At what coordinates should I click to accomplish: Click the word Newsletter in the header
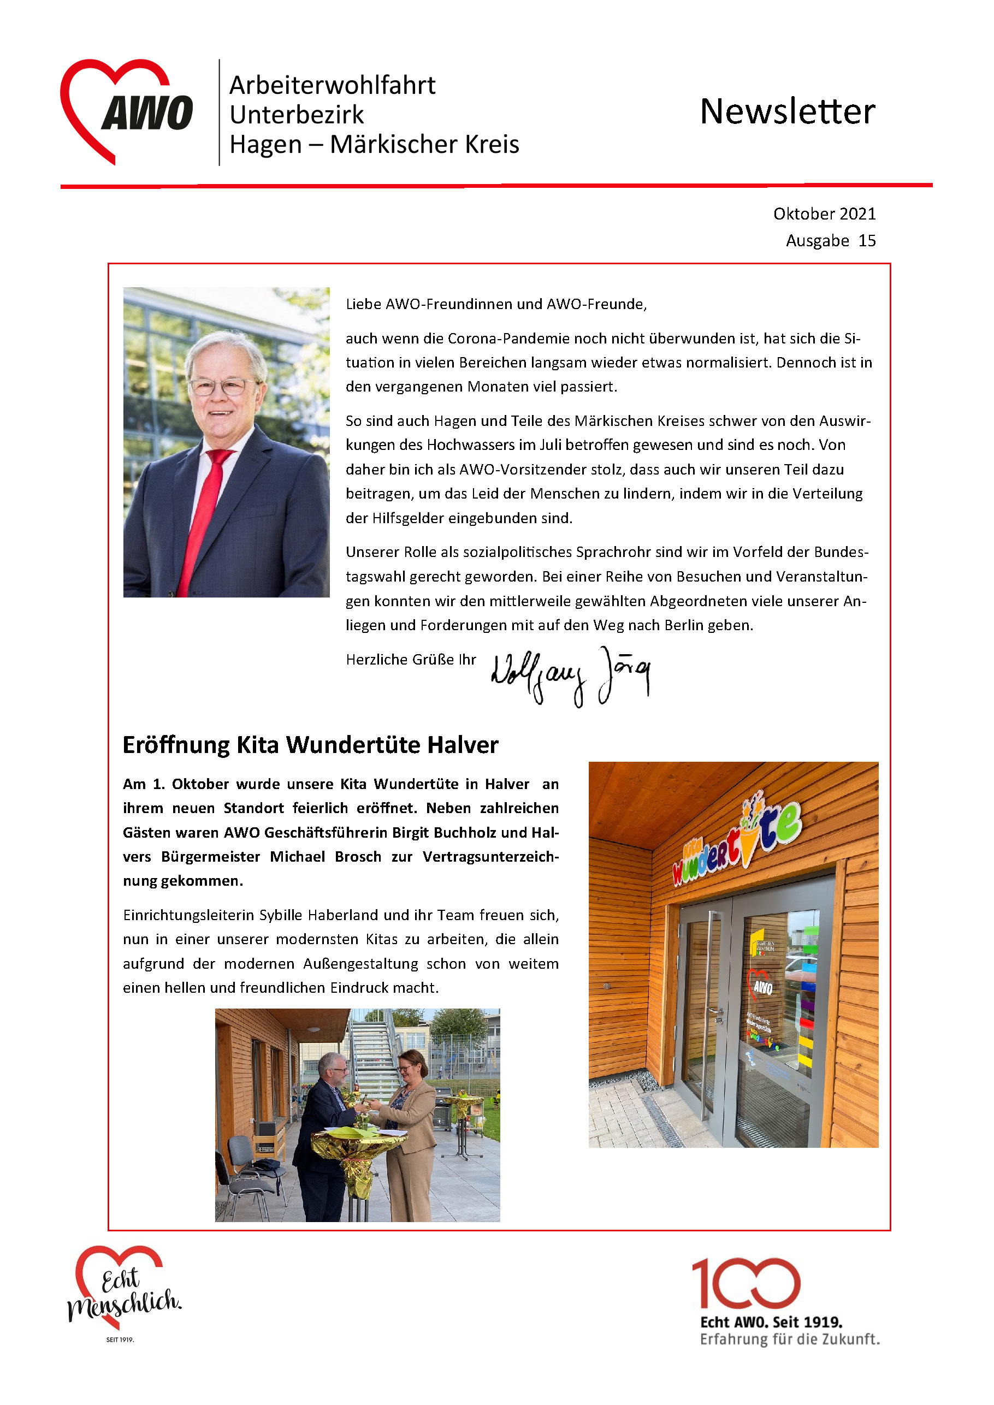787,111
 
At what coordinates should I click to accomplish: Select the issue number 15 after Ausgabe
867,240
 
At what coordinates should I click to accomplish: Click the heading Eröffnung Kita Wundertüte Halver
310,745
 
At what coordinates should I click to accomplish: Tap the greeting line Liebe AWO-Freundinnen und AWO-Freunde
496,304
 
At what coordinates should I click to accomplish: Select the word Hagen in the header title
265,144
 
